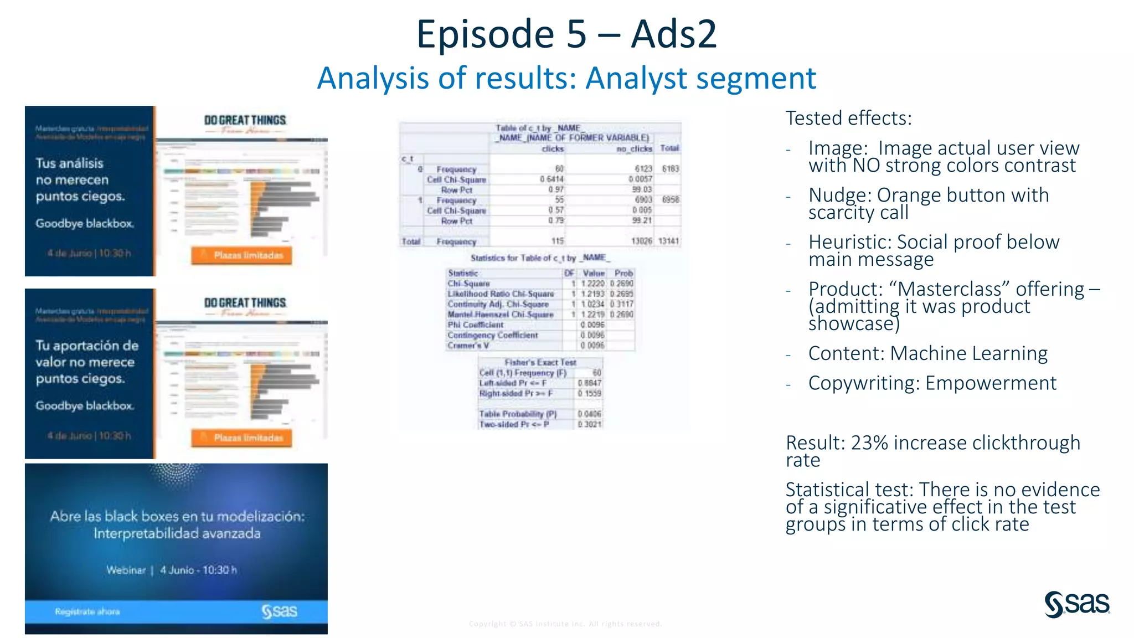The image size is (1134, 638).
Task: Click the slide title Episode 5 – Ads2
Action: (x=566, y=34)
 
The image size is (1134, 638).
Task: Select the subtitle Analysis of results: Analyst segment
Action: (x=566, y=78)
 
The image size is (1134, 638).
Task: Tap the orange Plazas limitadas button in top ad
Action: (x=242, y=255)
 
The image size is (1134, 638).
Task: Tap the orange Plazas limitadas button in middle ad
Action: (x=242, y=438)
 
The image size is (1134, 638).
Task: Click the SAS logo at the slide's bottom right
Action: (x=1076, y=604)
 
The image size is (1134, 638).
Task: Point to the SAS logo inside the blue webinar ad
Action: (x=280, y=611)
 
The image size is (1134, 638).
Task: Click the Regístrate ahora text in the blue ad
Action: (x=87, y=611)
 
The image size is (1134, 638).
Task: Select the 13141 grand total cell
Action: (x=669, y=241)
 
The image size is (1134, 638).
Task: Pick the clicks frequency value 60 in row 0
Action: (x=559, y=169)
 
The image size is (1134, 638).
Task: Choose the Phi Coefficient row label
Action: (x=476, y=325)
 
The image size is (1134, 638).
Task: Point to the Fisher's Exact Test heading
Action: (x=540, y=362)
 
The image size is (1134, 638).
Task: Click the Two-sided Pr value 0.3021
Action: (x=590, y=424)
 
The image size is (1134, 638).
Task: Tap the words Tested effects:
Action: (x=848, y=119)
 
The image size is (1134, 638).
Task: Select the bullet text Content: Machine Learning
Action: (x=927, y=353)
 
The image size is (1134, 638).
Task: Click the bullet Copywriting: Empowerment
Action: (x=932, y=383)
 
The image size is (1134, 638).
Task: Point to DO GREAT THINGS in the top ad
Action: (x=245, y=120)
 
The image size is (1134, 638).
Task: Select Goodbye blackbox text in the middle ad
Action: (x=85, y=406)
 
